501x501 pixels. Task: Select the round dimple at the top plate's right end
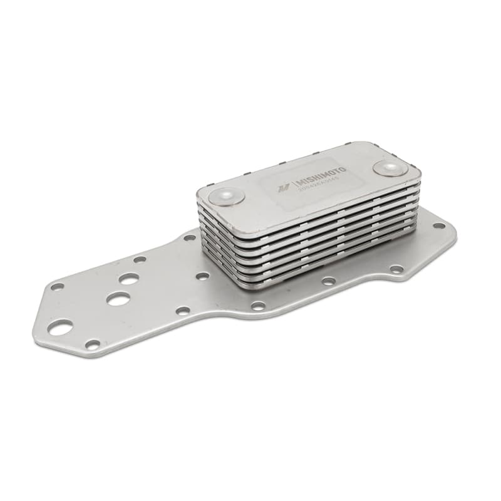click(390, 168)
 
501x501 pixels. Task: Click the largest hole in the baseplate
click(61, 327)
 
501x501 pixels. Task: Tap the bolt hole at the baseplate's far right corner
click(439, 225)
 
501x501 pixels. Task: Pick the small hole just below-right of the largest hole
click(93, 344)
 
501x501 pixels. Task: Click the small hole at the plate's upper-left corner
click(57, 287)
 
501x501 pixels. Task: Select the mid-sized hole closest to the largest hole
click(118, 299)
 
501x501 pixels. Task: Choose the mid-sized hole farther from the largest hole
click(130, 279)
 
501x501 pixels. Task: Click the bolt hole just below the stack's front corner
click(258, 306)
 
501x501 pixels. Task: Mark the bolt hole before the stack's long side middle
click(328, 281)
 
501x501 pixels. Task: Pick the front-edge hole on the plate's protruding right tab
click(396, 269)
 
